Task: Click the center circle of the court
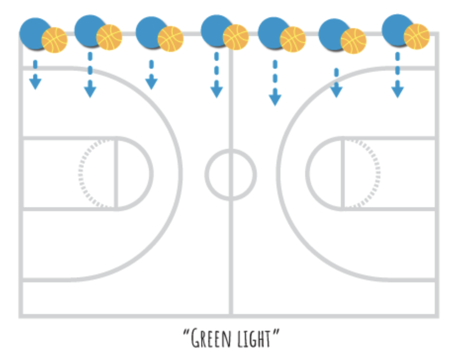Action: (x=230, y=174)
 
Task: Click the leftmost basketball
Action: (x=54, y=40)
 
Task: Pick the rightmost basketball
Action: (x=416, y=37)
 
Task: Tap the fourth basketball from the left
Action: (x=235, y=37)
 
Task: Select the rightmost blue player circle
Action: (x=396, y=29)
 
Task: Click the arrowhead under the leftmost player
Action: (x=35, y=84)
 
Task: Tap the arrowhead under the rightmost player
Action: (x=397, y=91)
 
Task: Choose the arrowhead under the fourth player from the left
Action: (x=217, y=91)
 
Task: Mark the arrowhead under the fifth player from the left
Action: (x=275, y=99)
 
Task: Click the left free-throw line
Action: (x=116, y=173)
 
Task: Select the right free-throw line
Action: (x=342, y=173)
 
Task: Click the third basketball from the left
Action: (x=171, y=39)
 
